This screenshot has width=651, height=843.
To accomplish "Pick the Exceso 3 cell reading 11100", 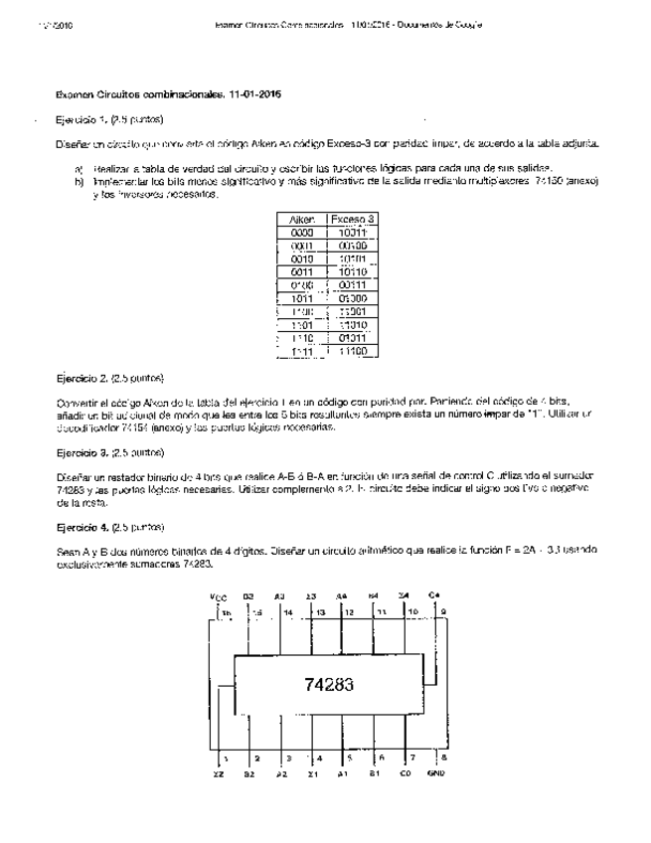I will pos(353,351).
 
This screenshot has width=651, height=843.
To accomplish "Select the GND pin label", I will pos(436,772).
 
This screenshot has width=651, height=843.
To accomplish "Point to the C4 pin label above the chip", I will pos(434,596).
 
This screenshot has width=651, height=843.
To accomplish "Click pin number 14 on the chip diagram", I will pos(288,612).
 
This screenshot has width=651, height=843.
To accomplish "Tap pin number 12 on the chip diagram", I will pos(350,612).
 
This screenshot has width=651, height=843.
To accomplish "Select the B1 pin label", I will pos(374,772).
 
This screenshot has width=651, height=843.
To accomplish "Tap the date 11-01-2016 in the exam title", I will pos(250,95).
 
